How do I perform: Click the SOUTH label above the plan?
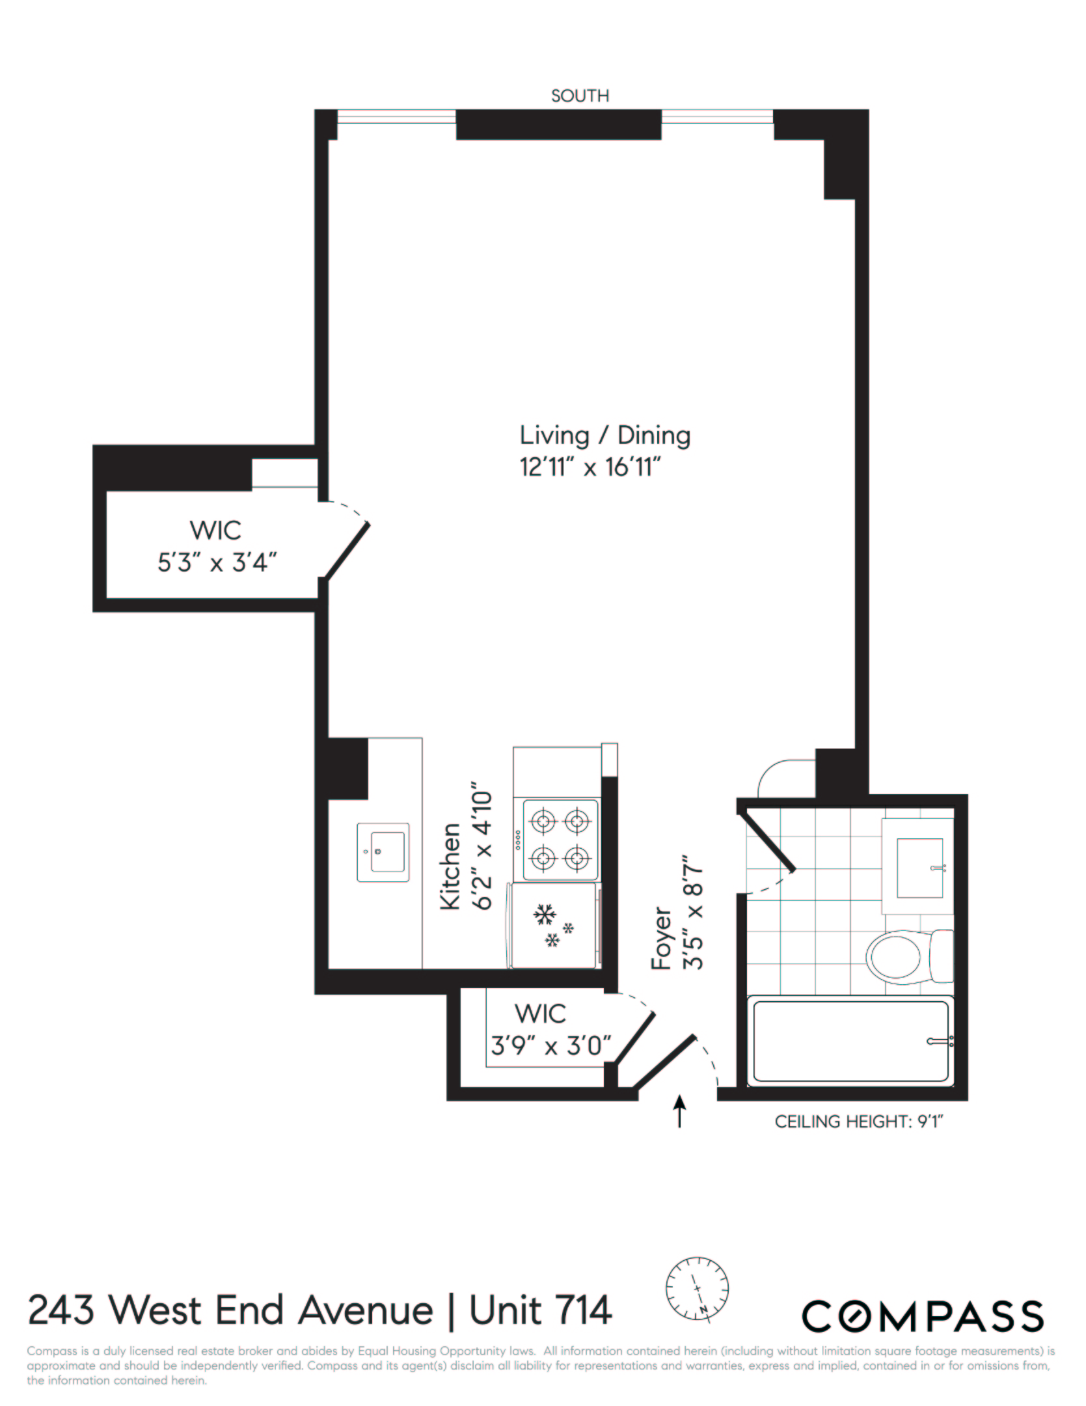pos(580,96)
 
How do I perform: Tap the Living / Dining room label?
pos(604,435)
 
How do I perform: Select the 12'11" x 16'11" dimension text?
pos(590,467)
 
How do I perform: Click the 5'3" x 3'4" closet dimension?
pos(217,562)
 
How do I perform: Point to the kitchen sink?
pos(383,852)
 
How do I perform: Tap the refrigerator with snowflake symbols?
pos(554,925)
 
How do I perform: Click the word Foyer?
pos(662,938)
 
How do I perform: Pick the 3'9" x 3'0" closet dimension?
pos(550,1046)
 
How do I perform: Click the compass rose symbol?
pos(697,1289)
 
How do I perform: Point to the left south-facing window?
pos(396,117)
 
